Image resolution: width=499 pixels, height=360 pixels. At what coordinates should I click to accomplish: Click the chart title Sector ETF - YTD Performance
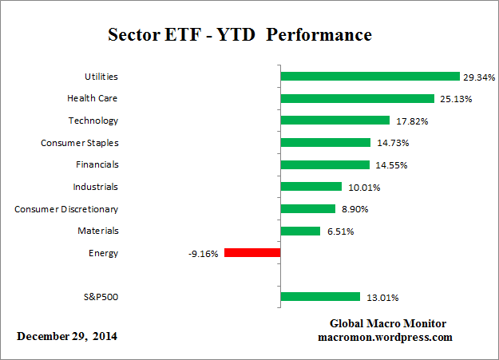239,36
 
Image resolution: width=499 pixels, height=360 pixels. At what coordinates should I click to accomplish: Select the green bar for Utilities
370,77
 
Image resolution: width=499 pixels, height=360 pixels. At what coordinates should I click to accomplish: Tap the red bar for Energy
252,252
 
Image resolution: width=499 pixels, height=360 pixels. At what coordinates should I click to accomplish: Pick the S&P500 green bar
320,297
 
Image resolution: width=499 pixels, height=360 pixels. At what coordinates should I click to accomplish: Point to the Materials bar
300,231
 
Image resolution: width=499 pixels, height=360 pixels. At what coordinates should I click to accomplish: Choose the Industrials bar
311,187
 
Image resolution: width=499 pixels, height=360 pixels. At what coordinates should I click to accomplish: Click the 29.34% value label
479,77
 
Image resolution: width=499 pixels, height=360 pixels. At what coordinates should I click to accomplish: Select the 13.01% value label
382,298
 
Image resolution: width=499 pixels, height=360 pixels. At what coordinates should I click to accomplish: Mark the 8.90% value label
356,209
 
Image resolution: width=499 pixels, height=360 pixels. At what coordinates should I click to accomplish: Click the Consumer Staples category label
79,143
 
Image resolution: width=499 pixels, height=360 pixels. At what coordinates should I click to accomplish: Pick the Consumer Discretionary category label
66,209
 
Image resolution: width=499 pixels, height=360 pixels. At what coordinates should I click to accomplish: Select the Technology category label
93,121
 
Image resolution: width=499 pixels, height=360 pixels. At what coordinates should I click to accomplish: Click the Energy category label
103,253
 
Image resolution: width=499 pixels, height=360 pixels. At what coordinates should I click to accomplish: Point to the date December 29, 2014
67,336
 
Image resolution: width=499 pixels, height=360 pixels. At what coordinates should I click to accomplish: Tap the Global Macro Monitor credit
388,323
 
